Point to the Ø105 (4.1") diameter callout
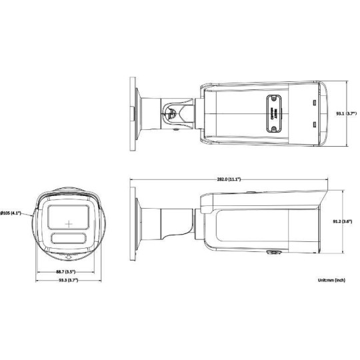[11, 213]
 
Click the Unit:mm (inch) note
[331, 281]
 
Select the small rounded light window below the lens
[67, 240]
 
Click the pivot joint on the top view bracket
[171, 114]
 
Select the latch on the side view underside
[273, 253]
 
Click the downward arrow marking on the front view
[67, 256]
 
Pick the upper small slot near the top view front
[313, 104]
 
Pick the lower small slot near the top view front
[313, 125]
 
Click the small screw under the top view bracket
[175, 131]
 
